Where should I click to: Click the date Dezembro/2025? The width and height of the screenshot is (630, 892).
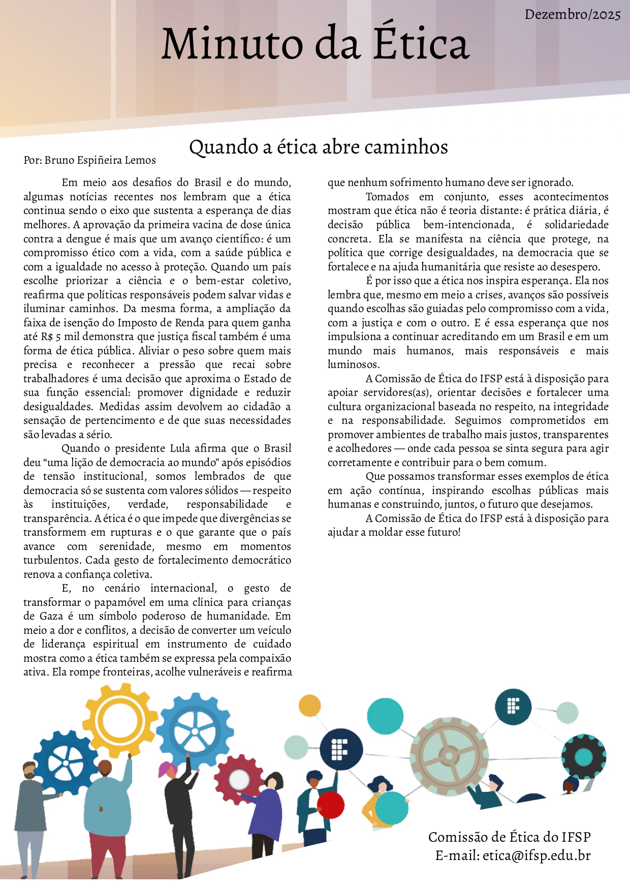click(573, 14)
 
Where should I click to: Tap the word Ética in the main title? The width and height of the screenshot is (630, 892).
click(421, 44)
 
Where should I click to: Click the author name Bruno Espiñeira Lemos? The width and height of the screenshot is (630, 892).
click(100, 160)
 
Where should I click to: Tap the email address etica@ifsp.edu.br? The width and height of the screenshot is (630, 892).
click(537, 855)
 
